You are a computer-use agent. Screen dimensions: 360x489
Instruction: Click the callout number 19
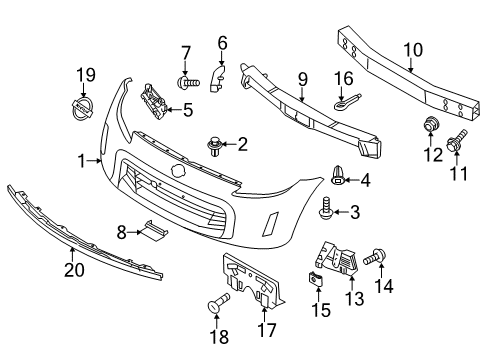point(88,73)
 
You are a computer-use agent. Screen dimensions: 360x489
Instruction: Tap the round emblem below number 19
point(88,105)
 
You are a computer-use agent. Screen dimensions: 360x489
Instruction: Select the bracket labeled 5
point(151,102)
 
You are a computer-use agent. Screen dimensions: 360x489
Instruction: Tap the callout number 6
point(221,43)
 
